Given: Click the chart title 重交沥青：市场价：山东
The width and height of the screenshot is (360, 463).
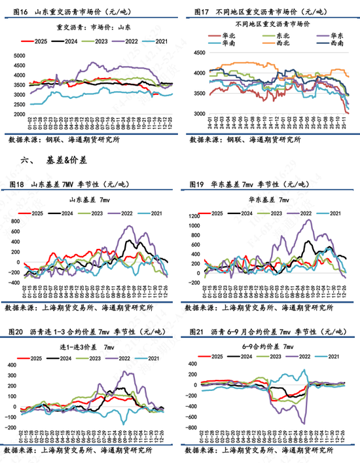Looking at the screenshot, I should pyautogui.click(x=94, y=27).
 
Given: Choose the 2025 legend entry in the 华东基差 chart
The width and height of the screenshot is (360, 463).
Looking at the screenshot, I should pyautogui.click(x=219, y=213).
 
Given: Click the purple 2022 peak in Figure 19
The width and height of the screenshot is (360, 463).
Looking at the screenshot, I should pyautogui.click(x=307, y=221).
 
